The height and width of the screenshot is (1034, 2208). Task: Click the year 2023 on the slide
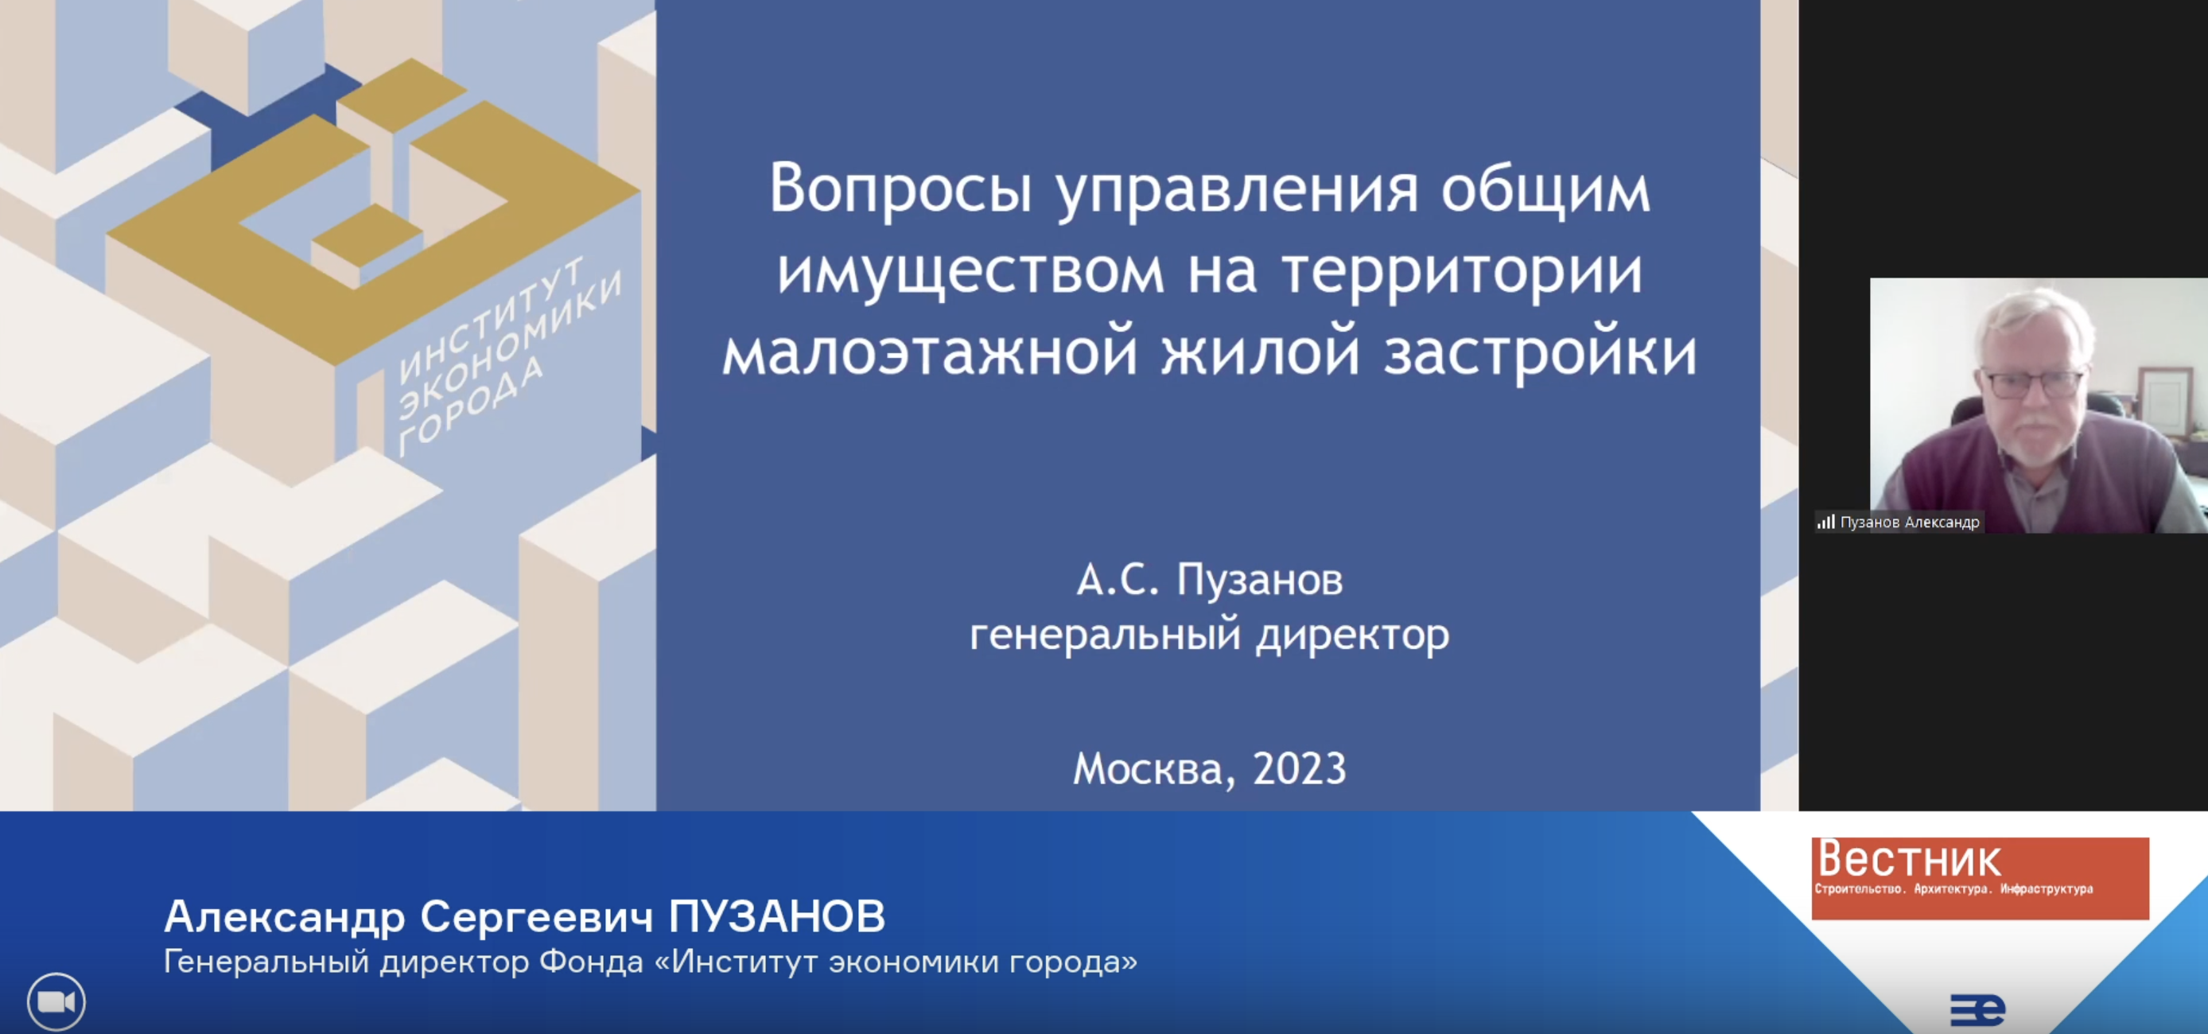coord(1300,768)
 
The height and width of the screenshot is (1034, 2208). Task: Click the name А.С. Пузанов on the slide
coord(1210,580)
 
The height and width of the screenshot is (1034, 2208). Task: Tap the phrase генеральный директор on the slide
coord(1210,636)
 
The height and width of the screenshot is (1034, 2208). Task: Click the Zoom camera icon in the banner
coord(56,1001)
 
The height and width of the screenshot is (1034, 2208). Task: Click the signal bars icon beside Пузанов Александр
coord(1825,521)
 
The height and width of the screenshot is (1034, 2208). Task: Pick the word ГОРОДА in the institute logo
coord(471,405)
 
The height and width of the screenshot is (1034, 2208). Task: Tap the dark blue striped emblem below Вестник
coord(1977,1009)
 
